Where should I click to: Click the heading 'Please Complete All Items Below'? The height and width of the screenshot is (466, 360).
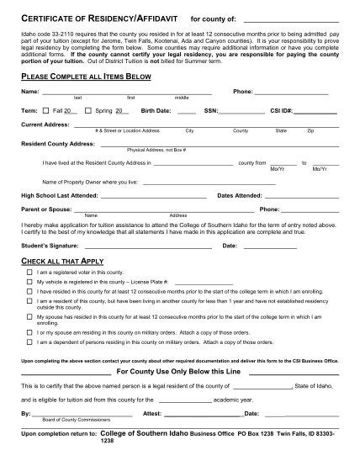click(86, 76)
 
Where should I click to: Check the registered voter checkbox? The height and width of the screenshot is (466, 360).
click(29, 273)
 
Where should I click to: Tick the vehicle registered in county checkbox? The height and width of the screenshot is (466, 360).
click(29, 282)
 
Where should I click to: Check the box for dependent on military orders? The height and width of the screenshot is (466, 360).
click(29, 342)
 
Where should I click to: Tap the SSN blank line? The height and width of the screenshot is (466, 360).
click(241, 110)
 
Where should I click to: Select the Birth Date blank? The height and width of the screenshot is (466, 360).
click(187, 110)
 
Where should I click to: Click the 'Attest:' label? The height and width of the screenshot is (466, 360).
click(152, 414)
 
